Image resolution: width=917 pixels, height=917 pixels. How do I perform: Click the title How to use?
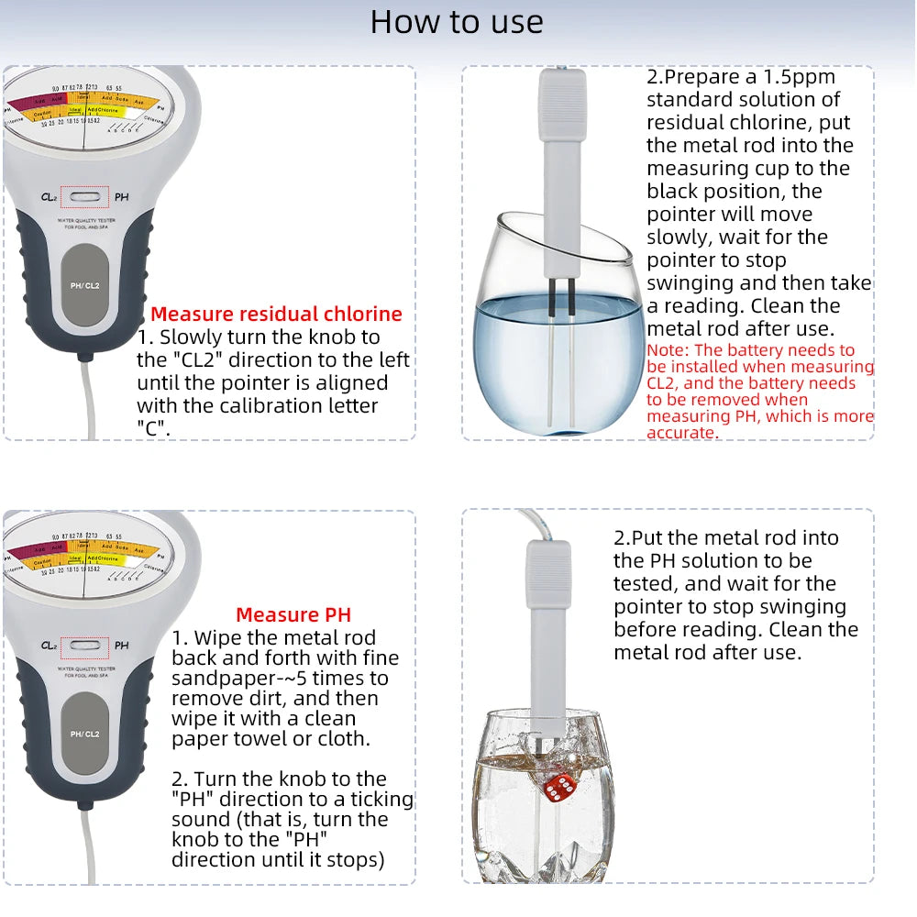click(x=457, y=22)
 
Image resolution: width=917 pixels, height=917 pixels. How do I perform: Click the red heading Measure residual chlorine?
click(x=276, y=315)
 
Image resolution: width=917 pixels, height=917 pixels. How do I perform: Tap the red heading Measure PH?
click(x=293, y=615)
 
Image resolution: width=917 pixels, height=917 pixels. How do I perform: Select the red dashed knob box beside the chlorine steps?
click(x=84, y=196)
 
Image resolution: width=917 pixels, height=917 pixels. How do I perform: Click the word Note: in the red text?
click(x=668, y=350)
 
